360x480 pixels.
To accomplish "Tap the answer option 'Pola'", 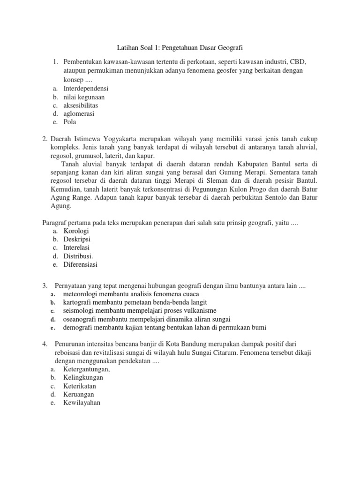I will [x=70, y=122].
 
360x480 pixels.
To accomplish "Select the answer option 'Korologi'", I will [x=76, y=231].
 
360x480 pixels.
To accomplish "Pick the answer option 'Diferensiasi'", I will [x=80, y=265].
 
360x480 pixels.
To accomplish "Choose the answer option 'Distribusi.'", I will [x=78, y=256].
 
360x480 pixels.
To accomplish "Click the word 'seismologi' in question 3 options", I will [x=79, y=311].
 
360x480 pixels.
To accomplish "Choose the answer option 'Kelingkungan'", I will [x=83, y=377].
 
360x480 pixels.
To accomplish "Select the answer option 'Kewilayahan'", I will [x=82, y=403].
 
